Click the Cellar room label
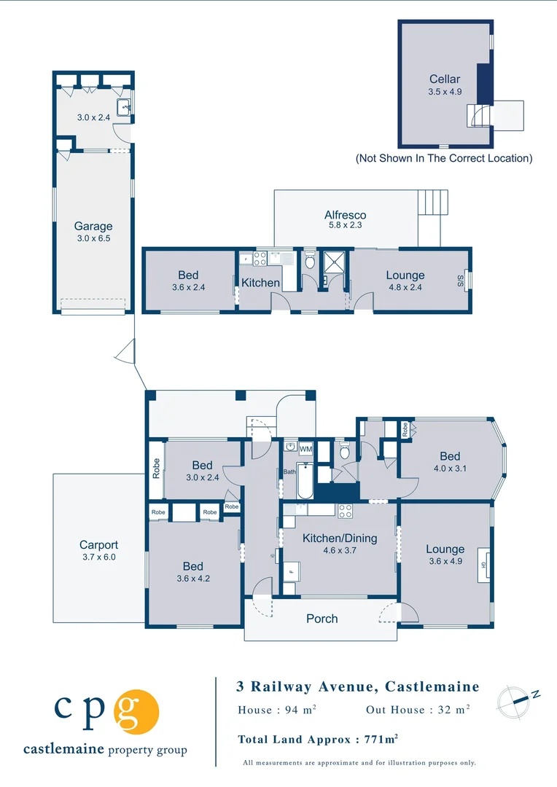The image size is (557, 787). [x=444, y=79]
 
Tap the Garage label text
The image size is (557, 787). [x=93, y=226]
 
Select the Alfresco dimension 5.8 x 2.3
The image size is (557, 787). [x=345, y=226]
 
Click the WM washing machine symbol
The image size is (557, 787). [x=305, y=449]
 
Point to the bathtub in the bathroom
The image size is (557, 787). [x=305, y=482]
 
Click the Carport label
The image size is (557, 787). [x=98, y=544]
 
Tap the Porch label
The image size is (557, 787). [x=322, y=619]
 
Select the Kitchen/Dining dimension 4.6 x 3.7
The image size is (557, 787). [x=340, y=551]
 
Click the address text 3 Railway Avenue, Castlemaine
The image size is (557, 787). [x=358, y=686]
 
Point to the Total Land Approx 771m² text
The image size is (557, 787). [x=318, y=739]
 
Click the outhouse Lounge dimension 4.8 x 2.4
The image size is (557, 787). [x=405, y=287]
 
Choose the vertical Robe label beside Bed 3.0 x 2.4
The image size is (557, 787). [x=156, y=466]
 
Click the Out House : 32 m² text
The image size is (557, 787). [x=418, y=710]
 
